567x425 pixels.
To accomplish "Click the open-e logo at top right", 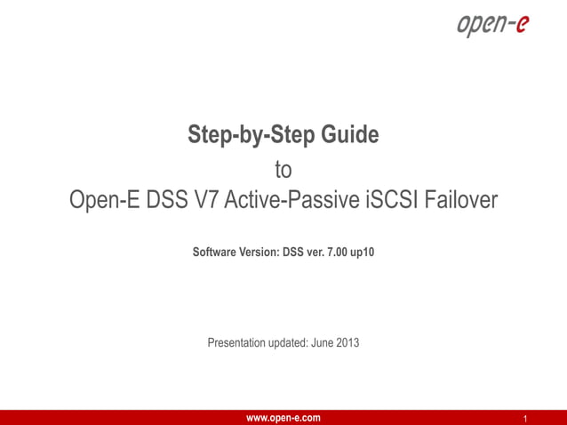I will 491,26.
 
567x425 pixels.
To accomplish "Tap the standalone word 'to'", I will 283,169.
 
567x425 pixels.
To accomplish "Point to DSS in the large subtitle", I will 168,201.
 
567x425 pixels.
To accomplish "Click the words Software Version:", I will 236,253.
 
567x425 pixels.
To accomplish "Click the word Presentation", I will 236,342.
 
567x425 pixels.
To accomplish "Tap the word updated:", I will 289,342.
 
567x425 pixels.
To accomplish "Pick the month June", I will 324,342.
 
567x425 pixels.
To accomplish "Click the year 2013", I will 349,342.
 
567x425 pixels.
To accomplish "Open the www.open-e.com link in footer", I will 283,418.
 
